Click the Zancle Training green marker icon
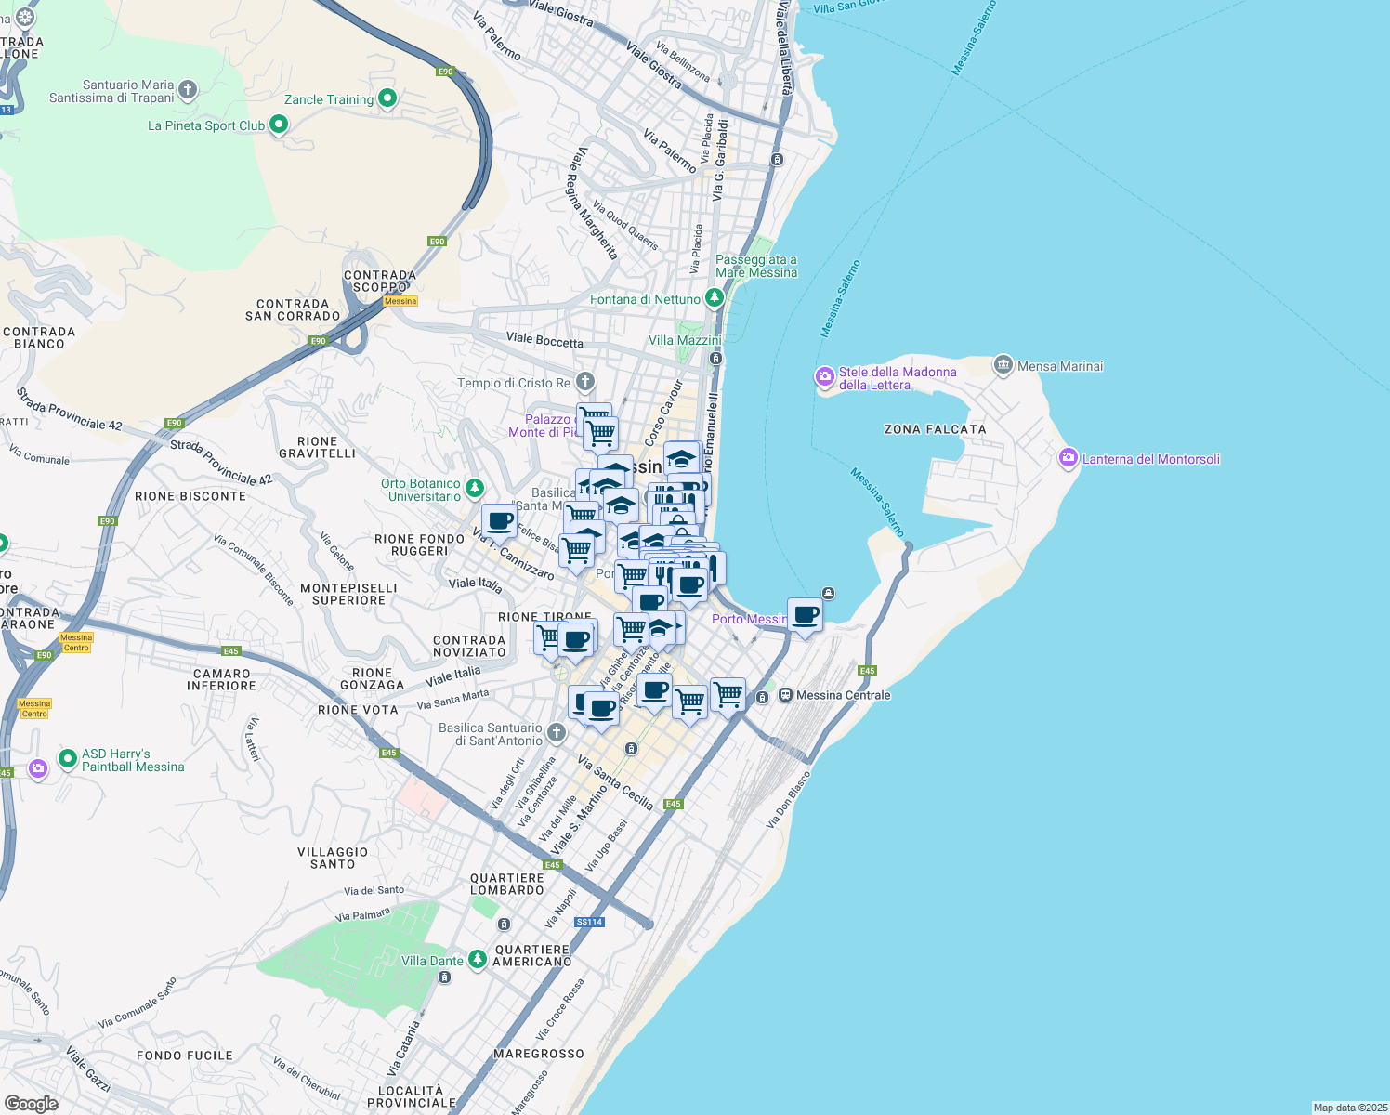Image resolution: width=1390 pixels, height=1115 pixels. [387, 98]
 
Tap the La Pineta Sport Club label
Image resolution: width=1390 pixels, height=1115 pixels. [206, 125]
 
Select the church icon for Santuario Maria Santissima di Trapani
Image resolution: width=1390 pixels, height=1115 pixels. [188, 90]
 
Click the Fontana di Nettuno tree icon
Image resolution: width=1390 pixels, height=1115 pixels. [714, 298]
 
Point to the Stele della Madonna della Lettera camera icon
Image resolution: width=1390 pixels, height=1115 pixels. [824, 376]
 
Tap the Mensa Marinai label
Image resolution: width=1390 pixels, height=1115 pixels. [1060, 366]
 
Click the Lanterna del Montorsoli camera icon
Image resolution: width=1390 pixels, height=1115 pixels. [1068, 458]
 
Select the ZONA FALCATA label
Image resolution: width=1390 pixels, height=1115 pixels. [935, 429]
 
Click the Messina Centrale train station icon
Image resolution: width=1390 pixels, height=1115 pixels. [785, 695]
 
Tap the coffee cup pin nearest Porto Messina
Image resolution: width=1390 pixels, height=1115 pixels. [805, 615]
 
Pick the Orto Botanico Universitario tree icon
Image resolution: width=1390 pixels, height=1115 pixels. [475, 488]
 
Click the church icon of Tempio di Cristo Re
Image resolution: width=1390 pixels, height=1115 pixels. [584, 381]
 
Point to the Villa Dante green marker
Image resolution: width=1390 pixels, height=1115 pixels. [477, 959]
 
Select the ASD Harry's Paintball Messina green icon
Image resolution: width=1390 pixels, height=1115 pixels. [67, 759]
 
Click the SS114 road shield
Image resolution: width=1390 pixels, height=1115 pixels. [589, 922]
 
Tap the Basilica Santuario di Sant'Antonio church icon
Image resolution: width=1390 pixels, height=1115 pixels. [556, 733]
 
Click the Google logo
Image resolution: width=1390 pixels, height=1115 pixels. [32, 1104]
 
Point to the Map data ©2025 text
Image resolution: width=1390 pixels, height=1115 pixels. [1349, 1108]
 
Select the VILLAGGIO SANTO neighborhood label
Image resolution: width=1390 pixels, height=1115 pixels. [333, 858]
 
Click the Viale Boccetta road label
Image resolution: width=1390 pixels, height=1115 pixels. [544, 341]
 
